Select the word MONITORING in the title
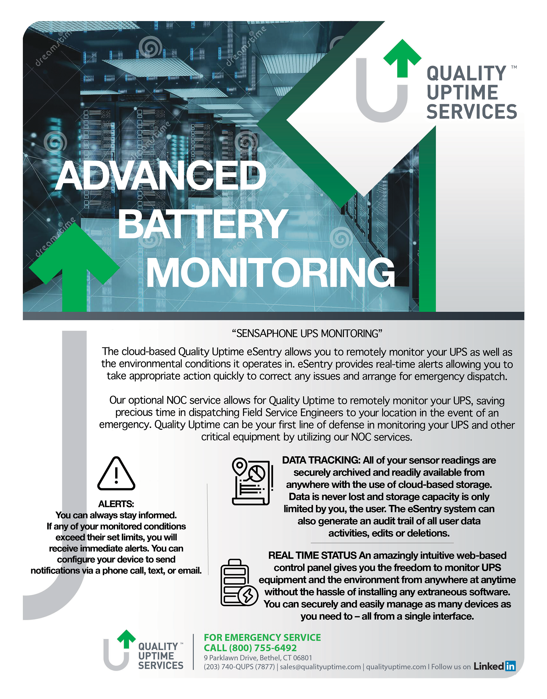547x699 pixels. [270, 273]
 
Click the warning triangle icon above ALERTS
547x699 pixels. [116, 474]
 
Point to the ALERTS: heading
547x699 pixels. [116, 504]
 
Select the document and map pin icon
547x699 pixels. [252, 482]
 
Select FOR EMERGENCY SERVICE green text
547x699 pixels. [262, 637]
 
